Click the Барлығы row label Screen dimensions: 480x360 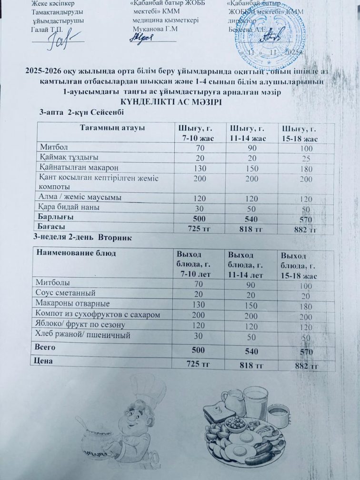56,217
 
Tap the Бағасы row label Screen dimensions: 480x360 53,227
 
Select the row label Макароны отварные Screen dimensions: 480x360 73,303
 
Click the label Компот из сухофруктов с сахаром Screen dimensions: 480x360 97,314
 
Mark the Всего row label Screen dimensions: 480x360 47,348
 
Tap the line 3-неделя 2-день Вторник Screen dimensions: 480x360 85,237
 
